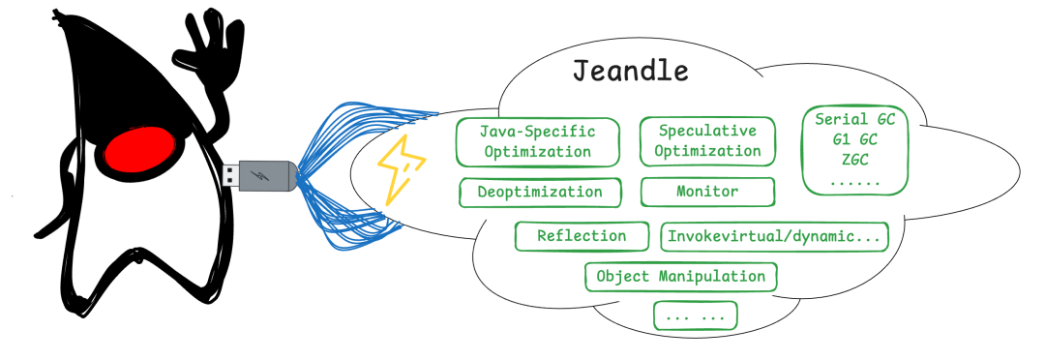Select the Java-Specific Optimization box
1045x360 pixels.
pos(537,140)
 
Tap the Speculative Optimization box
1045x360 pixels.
pos(707,140)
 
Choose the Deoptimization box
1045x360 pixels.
pos(539,192)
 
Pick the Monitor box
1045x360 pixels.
pos(707,192)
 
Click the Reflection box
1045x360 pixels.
pos(582,235)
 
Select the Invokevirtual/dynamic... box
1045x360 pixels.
pos(773,236)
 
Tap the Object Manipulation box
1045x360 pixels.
pos(680,277)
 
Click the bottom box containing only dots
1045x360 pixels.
pos(695,315)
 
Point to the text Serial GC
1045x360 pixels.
pos(855,120)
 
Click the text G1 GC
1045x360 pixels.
pos(854,140)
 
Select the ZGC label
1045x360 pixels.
pos(854,160)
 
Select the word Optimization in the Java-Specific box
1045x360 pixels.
pos(537,151)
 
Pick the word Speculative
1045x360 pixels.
pos(707,130)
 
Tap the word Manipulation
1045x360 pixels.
pos(711,277)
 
